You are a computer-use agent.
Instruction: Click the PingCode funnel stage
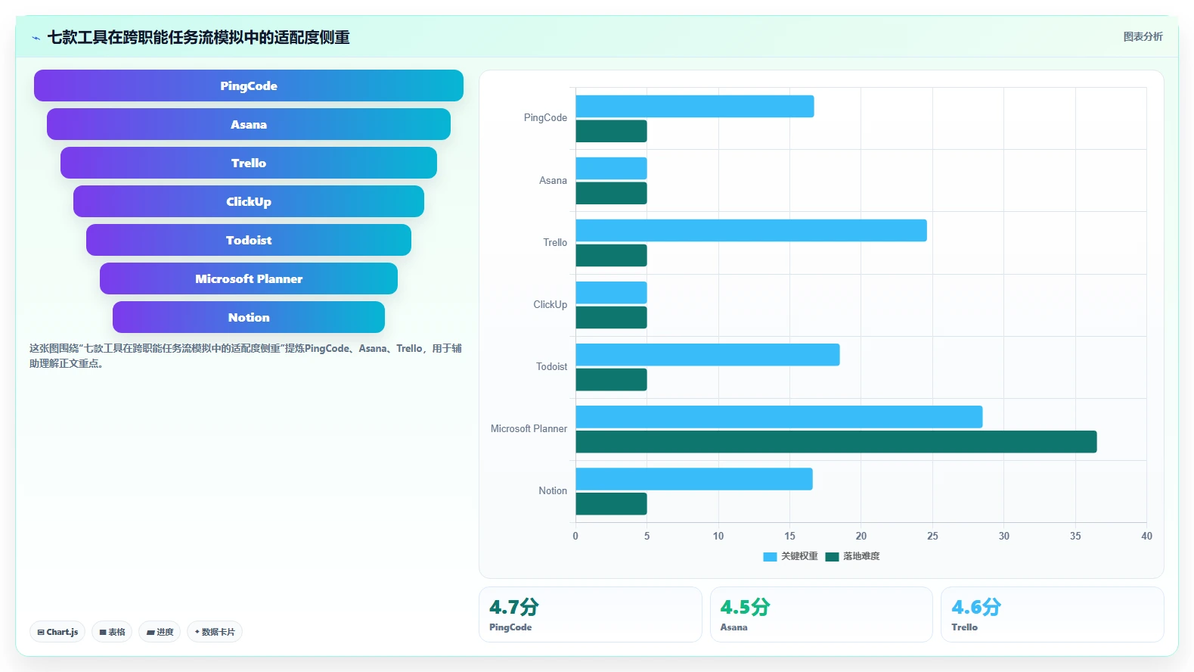click(248, 86)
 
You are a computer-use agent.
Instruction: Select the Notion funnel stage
click(248, 317)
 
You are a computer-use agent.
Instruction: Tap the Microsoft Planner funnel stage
click(248, 278)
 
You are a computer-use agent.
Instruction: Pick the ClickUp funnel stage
click(248, 201)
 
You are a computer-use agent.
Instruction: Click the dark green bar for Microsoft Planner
click(836, 442)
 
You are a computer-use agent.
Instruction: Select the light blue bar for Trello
click(751, 230)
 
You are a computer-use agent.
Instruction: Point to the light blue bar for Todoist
click(707, 355)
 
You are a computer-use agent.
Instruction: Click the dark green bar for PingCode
click(611, 131)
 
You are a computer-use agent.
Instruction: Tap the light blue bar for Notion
click(694, 479)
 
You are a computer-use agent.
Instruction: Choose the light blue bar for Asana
click(611, 168)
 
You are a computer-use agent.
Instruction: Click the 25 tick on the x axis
click(932, 536)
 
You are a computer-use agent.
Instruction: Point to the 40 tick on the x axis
click(1146, 536)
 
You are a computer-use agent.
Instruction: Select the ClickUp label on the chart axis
click(550, 304)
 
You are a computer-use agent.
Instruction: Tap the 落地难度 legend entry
click(852, 556)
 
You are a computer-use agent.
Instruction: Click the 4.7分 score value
click(514, 607)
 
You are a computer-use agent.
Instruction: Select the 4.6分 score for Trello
click(976, 607)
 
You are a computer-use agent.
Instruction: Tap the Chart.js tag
click(57, 632)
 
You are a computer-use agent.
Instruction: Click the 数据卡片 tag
click(215, 632)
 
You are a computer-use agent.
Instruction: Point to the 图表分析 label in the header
click(1143, 37)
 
